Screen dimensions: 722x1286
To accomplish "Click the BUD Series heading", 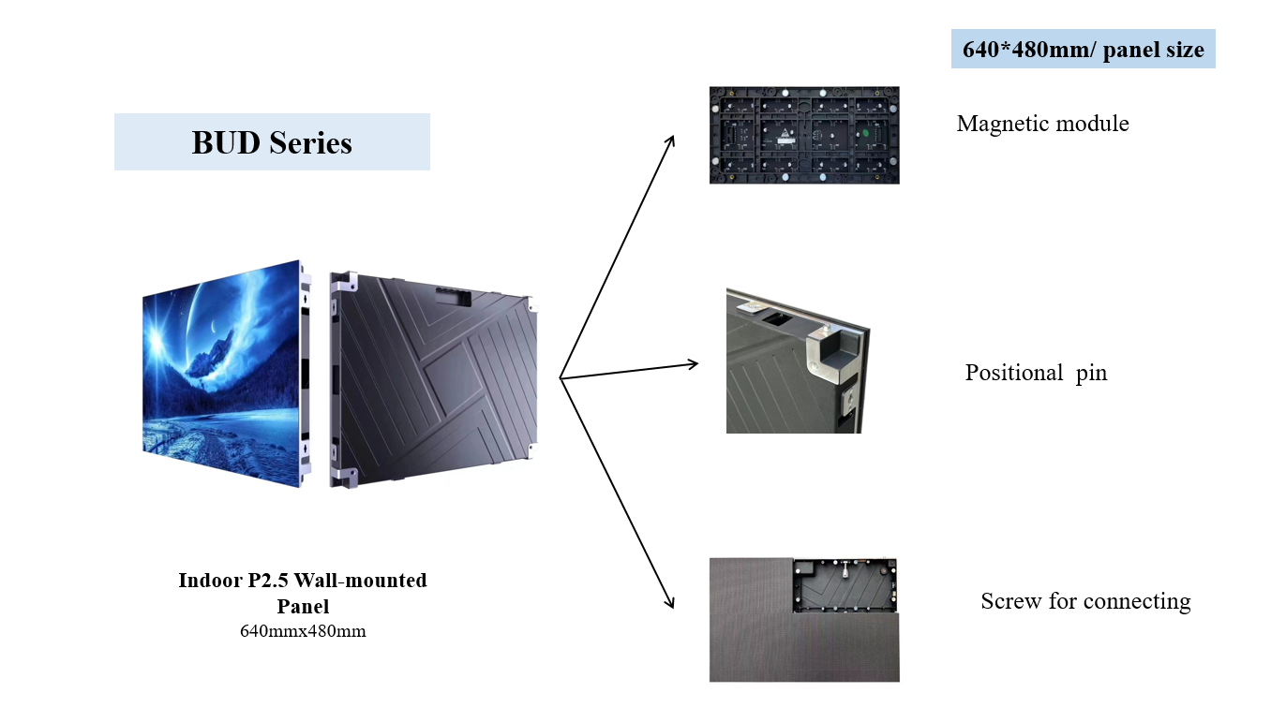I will [x=272, y=142].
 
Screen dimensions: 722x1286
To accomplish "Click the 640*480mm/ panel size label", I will [x=1083, y=49].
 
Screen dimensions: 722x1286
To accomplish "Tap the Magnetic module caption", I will [x=1042, y=124].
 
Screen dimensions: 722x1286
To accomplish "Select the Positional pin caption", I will [x=1036, y=373].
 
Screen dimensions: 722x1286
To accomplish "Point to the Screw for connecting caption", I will [x=1085, y=601].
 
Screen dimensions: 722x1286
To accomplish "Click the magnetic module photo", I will [x=804, y=135].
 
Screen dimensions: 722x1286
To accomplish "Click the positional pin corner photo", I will [x=798, y=361].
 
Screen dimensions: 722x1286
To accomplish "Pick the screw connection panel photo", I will [x=804, y=619].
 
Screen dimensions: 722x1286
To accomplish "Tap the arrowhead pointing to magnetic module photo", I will [x=671, y=140].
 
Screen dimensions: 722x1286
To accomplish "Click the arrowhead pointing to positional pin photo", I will [x=694, y=363].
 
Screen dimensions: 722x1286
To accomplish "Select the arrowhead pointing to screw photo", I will [x=670, y=604].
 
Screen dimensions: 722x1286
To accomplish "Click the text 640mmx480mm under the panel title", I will [x=303, y=631].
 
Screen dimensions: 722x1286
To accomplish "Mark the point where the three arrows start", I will [x=561, y=378].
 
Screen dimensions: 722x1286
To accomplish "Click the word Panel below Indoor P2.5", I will [x=303, y=606].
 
